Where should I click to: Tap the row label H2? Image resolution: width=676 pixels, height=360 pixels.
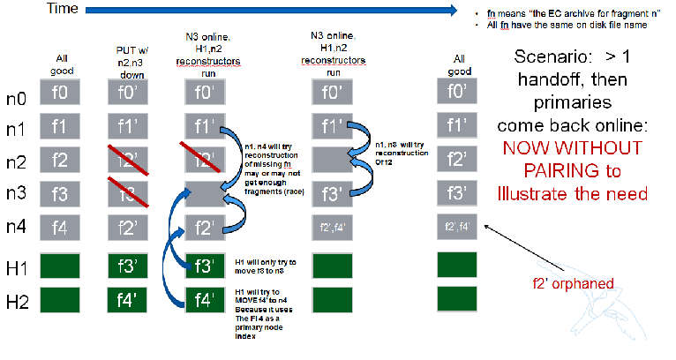coord(19,303)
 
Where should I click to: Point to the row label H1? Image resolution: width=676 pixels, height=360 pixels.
coord(19,267)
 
